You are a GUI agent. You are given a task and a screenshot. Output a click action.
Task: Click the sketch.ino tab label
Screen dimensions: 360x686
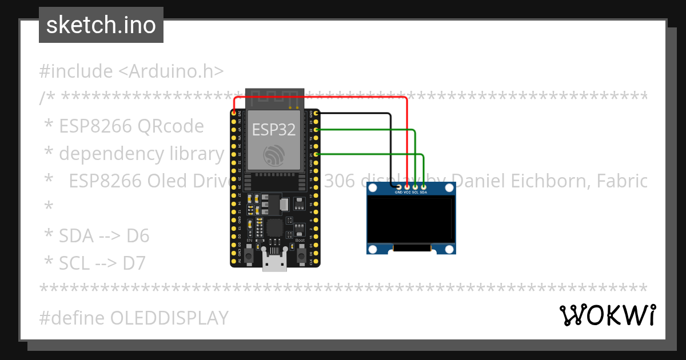101,25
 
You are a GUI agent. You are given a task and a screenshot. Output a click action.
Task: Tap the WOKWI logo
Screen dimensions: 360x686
607,315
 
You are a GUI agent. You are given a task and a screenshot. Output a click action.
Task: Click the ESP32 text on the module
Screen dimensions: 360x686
274,129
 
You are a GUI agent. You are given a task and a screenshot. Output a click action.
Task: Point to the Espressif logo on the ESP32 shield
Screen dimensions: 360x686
274,155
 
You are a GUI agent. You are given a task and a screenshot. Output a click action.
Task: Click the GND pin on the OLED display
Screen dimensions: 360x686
398,186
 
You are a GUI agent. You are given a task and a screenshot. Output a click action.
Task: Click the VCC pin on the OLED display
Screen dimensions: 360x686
407,186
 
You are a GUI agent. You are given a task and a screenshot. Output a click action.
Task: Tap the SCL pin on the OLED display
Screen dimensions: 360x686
415,186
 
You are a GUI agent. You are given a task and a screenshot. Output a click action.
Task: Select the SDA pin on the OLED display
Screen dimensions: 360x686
424,186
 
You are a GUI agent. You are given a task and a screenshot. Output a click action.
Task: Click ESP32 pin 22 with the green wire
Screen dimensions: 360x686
316,130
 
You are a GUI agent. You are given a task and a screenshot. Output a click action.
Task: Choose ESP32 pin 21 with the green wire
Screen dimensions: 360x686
316,154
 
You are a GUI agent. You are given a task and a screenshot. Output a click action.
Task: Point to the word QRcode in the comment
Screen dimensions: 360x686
170,126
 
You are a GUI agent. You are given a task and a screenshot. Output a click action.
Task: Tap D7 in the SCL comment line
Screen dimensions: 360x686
134,263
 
